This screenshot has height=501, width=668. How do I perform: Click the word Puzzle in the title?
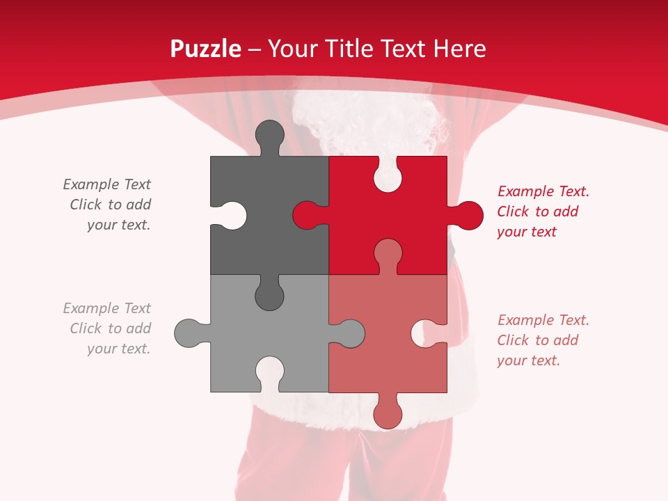206,49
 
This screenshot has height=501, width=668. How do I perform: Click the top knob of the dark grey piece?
269,135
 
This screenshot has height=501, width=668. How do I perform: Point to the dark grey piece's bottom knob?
269,296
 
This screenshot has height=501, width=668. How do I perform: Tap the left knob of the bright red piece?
306,215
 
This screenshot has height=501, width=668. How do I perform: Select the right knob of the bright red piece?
468,215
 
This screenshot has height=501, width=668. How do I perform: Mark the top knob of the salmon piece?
388,253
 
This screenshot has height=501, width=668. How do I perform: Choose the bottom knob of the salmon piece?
388,414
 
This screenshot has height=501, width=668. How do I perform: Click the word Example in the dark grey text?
91,184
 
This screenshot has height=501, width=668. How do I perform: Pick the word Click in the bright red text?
514,212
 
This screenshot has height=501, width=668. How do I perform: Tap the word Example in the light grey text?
91,308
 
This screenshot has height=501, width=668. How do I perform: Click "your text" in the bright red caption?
527,232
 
